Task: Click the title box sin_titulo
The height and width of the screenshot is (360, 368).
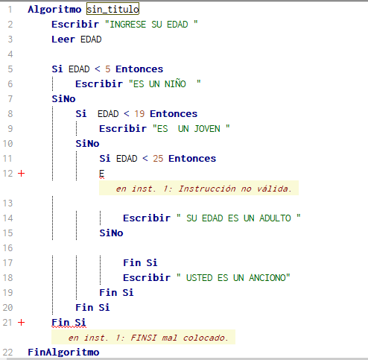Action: pyautogui.click(x=112, y=9)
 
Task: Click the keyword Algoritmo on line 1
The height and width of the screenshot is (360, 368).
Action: pyautogui.click(x=54, y=10)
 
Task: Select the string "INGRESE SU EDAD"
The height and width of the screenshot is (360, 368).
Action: pyautogui.click(x=151, y=25)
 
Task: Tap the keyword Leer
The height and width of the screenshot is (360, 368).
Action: pyautogui.click(x=63, y=40)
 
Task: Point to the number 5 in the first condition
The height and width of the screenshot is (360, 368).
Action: pyautogui.click(x=107, y=69)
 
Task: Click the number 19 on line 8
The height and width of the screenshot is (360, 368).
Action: pyautogui.click(x=139, y=114)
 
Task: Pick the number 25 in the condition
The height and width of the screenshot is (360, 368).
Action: pyautogui.click(x=158, y=159)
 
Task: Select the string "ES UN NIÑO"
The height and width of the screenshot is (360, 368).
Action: pyautogui.click(x=165, y=83)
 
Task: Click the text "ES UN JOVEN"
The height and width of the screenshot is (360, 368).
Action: pyautogui.click(x=191, y=129)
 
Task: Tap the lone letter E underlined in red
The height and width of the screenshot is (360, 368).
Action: pyautogui.click(x=102, y=174)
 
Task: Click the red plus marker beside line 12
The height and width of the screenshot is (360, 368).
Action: pyautogui.click(x=22, y=174)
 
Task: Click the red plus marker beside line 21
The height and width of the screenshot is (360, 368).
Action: pyautogui.click(x=22, y=323)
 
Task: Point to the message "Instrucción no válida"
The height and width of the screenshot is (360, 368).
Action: pyautogui.click(x=235, y=189)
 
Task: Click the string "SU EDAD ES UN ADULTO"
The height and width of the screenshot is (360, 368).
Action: pyautogui.click(x=238, y=218)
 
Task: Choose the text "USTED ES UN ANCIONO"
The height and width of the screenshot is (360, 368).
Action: pyautogui.click(x=233, y=278)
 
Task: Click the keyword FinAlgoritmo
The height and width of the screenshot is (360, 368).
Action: pyautogui.click(x=63, y=353)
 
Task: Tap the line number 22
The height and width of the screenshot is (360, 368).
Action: pyautogui.click(x=7, y=353)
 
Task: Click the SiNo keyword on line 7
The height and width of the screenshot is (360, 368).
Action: pyautogui.click(x=63, y=99)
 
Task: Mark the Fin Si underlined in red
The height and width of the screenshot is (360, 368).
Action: pyautogui.click(x=69, y=323)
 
